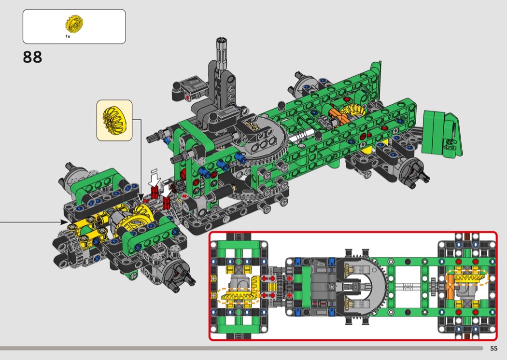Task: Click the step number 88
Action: point(32,57)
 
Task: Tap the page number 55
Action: point(494,348)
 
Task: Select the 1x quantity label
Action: point(68,37)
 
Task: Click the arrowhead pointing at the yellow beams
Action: point(64,222)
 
